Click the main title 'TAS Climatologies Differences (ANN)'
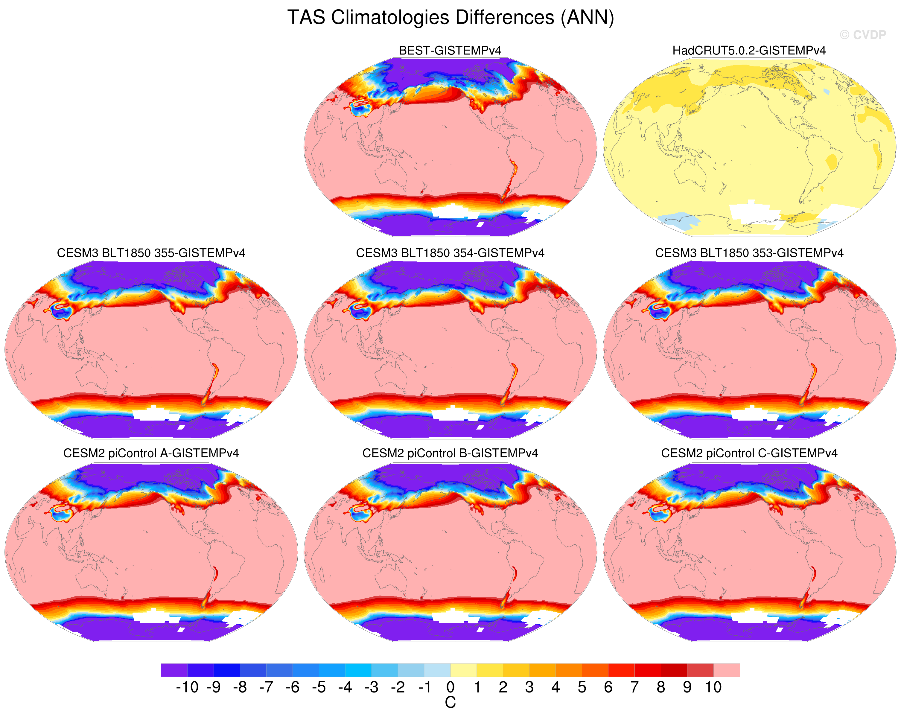click(x=450, y=18)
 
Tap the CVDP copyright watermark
click(x=862, y=35)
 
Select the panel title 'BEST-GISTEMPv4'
click(x=450, y=51)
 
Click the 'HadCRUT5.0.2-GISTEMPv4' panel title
click(x=749, y=51)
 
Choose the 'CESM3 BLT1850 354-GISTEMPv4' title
click(x=450, y=253)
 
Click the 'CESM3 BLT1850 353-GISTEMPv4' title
click(x=749, y=253)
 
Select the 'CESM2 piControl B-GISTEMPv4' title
click(x=450, y=453)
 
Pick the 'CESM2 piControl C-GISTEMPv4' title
click(x=749, y=453)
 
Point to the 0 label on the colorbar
click(x=450, y=687)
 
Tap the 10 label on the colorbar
click(x=713, y=687)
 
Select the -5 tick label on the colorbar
click(x=319, y=687)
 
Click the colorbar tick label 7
click(x=634, y=687)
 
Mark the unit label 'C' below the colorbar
click(x=450, y=703)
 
